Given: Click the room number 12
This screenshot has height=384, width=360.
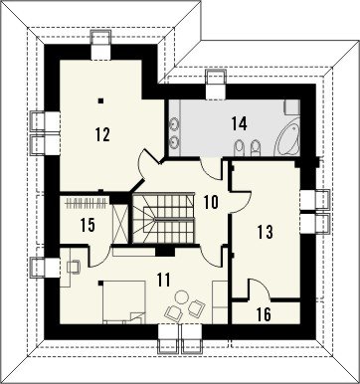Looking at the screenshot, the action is [102, 134].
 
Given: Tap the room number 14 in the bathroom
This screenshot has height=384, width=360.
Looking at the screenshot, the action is [240, 123].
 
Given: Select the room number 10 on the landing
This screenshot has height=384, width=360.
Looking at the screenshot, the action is [211, 202].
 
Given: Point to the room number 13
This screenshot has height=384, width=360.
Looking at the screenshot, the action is [266, 232].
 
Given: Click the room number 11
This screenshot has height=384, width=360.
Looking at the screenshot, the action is [164, 280].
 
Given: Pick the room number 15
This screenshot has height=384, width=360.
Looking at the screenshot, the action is [88, 225].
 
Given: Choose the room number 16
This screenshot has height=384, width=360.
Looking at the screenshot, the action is [264, 314].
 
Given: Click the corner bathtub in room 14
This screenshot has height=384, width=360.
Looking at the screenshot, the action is [287, 141].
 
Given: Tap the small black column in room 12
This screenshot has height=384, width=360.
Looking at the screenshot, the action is [100, 100].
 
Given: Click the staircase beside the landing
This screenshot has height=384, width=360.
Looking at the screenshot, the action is [163, 218].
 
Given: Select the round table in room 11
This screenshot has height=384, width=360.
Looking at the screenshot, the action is [181, 296].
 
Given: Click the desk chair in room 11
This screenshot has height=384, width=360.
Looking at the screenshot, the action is [74, 266].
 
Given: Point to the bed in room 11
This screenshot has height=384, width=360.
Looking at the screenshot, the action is [124, 301].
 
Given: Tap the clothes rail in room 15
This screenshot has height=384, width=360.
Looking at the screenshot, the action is [87, 202].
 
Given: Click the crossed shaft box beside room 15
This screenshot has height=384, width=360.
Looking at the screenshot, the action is [120, 222].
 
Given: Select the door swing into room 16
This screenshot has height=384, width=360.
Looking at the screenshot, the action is [260, 289].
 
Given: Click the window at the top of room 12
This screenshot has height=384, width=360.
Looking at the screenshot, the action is [100, 45].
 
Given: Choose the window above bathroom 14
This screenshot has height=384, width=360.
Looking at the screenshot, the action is [216, 85].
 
